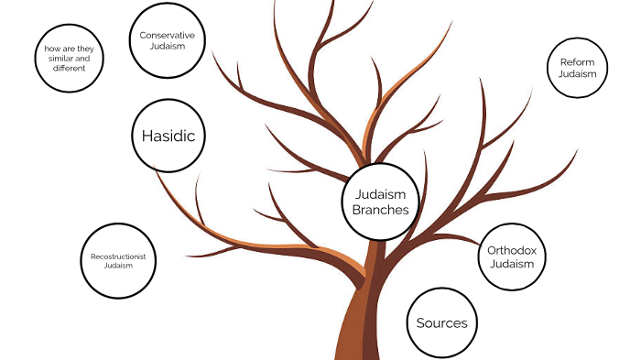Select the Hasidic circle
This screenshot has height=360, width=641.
pos(168,136)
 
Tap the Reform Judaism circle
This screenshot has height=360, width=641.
pos(577,68)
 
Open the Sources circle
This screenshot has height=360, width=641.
pos(441,322)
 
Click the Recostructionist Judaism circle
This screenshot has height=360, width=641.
pos(119,260)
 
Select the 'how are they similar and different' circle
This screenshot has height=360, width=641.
pos(70,57)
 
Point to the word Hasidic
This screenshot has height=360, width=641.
pos(168,136)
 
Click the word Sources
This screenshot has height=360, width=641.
pos(441,323)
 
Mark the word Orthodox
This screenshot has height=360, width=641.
pos(511,248)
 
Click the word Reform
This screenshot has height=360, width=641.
pos(577,62)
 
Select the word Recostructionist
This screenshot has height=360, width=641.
pos(119,256)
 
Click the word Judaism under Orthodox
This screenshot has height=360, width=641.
pos(511,264)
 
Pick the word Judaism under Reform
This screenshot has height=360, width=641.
pos(577,73)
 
